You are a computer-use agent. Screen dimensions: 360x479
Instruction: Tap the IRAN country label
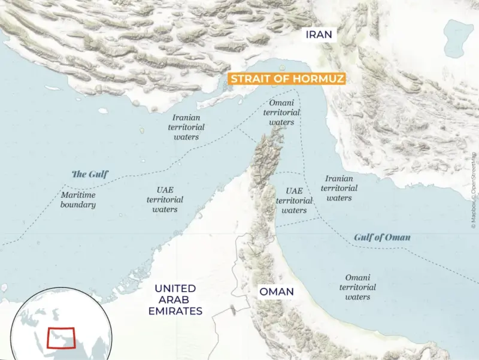319,35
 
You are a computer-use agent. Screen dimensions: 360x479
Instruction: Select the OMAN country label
276,292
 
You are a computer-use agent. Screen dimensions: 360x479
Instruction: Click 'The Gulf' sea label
90,175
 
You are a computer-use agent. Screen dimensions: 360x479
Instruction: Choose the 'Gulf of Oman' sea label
382,237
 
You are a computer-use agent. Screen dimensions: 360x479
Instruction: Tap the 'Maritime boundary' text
78,199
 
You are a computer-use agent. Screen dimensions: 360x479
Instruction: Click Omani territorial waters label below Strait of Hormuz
281,113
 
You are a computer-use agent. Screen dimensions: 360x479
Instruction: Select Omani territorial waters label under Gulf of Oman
358,287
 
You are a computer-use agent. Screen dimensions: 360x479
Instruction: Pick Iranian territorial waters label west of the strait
186,128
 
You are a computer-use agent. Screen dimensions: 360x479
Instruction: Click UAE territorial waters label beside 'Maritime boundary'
165,199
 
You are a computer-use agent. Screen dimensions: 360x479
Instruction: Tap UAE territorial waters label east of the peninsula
294,201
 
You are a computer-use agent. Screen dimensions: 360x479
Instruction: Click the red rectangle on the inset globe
60,338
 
